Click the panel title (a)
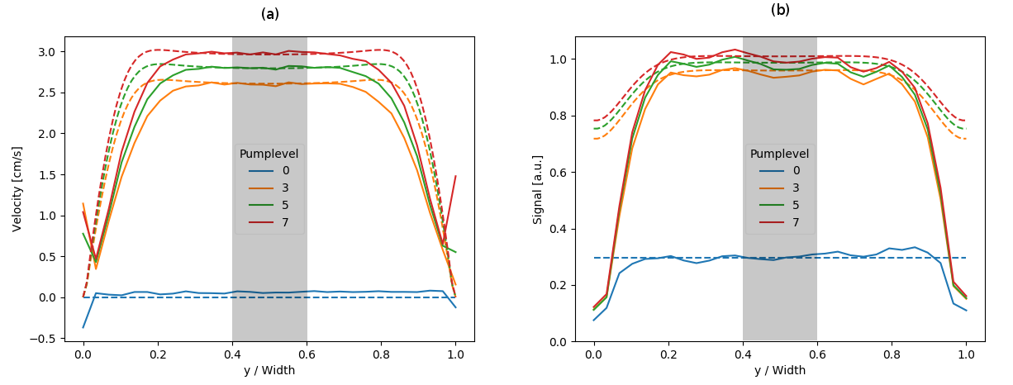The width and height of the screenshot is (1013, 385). (270, 14)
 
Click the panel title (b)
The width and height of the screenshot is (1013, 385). (780, 10)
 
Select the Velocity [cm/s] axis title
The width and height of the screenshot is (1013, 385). (17, 189)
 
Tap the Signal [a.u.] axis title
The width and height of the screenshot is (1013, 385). (538, 188)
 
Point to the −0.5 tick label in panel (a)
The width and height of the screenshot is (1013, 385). (45, 339)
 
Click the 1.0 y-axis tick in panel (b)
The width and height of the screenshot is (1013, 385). (559, 59)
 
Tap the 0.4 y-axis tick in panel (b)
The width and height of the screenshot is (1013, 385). (559, 229)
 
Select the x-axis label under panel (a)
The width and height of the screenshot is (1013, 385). (269, 371)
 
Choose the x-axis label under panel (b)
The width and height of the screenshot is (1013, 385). (780, 371)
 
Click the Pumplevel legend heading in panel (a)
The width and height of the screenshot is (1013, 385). (269, 154)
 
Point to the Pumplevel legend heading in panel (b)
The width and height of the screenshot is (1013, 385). (780, 154)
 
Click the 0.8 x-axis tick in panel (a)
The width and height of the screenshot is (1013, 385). (381, 354)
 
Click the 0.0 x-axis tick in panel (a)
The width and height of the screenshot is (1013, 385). (83, 354)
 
